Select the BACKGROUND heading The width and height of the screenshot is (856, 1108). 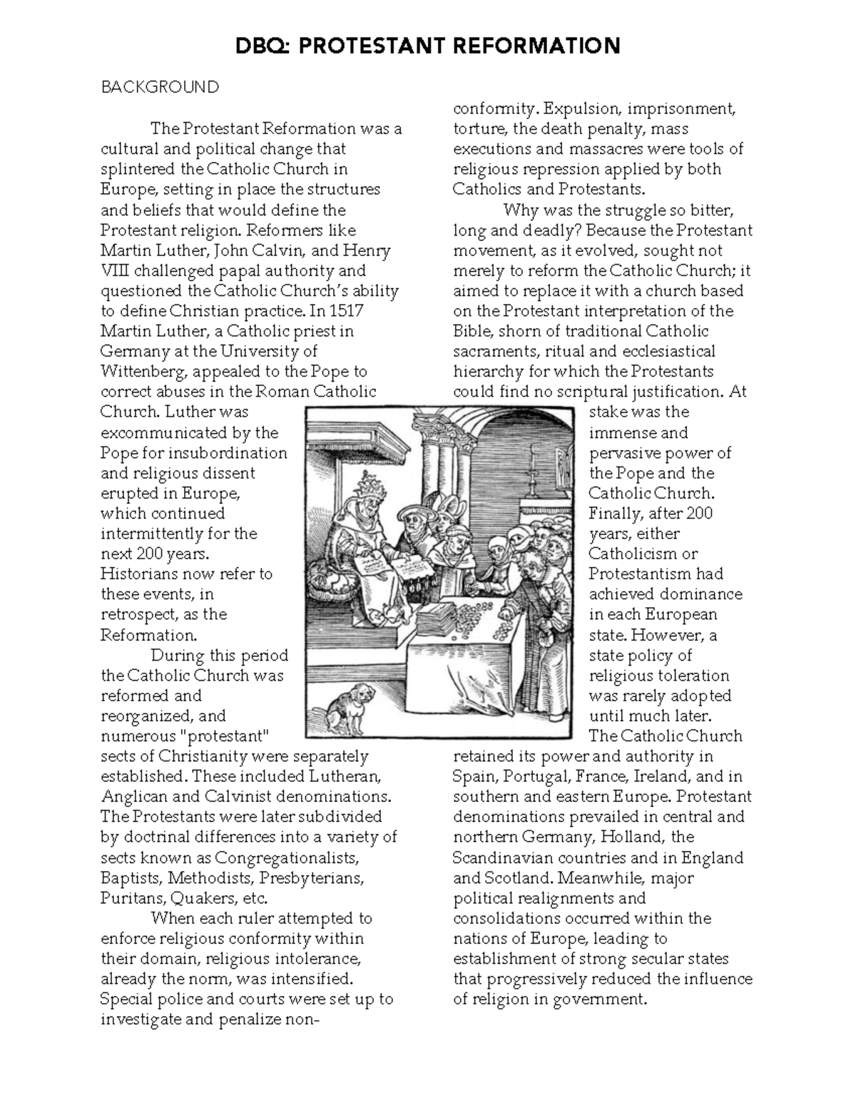(159, 87)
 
